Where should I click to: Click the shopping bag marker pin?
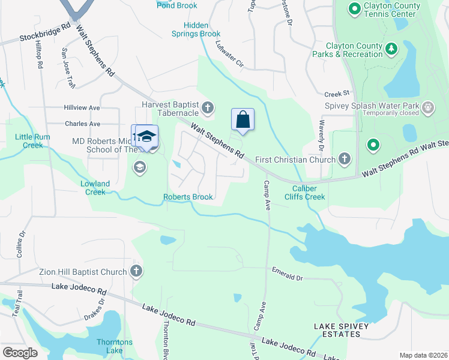(243, 119)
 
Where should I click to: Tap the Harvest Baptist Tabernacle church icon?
(207, 108)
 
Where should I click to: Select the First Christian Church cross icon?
(344, 158)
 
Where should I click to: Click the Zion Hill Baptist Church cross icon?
(136, 272)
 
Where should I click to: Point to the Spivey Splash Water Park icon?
(427, 108)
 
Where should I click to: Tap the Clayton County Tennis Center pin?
(355, 9)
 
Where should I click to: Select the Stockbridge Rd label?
(44, 33)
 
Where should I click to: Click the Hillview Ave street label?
(82, 107)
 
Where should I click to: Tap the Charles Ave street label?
(82, 124)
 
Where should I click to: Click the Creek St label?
(337, 94)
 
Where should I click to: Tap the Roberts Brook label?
(188, 197)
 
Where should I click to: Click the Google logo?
(20, 352)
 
